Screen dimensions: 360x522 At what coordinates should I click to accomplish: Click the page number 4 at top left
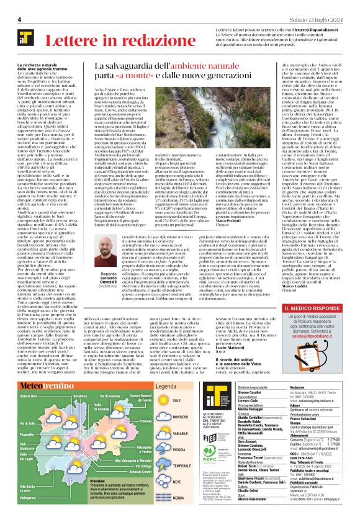point(20,20)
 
